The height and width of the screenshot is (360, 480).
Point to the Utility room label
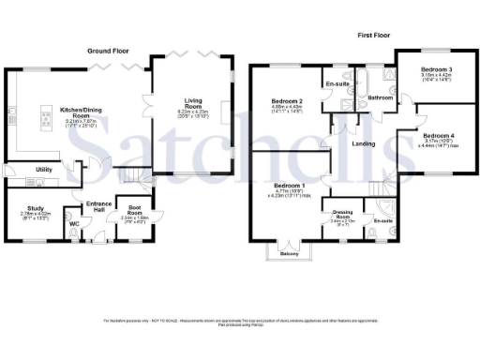[x=42, y=170]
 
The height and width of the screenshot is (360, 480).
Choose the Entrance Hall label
[x=98, y=206]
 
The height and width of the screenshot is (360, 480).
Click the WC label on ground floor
[x=74, y=223]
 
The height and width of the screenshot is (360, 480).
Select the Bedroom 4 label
[x=438, y=135]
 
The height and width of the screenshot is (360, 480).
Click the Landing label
[x=364, y=142]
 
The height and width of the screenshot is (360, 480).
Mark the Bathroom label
[x=380, y=97]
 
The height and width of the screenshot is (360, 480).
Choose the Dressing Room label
[x=341, y=214]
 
